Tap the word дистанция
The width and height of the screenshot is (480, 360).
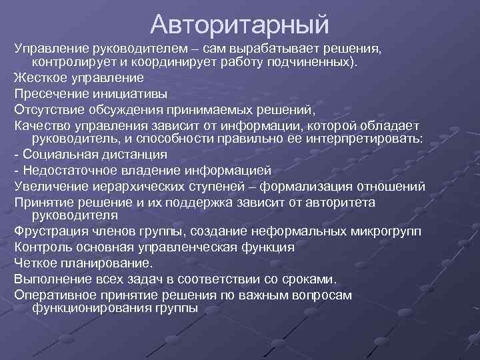pyautogui.click(x=133, y=155)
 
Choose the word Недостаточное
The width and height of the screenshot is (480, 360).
pyautogui.click(x=67, y=170)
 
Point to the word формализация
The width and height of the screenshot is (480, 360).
pyautogui.click(x=317, y=186)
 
